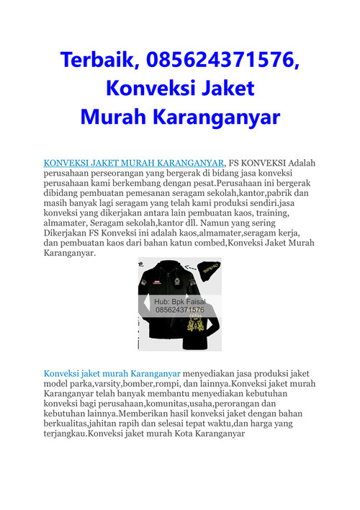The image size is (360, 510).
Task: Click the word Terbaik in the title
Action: tap(96, 61)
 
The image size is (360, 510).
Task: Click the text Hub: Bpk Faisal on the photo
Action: tap(180, 301)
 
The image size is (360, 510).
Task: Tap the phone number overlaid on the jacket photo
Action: tap(180, 310)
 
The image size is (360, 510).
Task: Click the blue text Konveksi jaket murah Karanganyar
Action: tap(112, 375)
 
